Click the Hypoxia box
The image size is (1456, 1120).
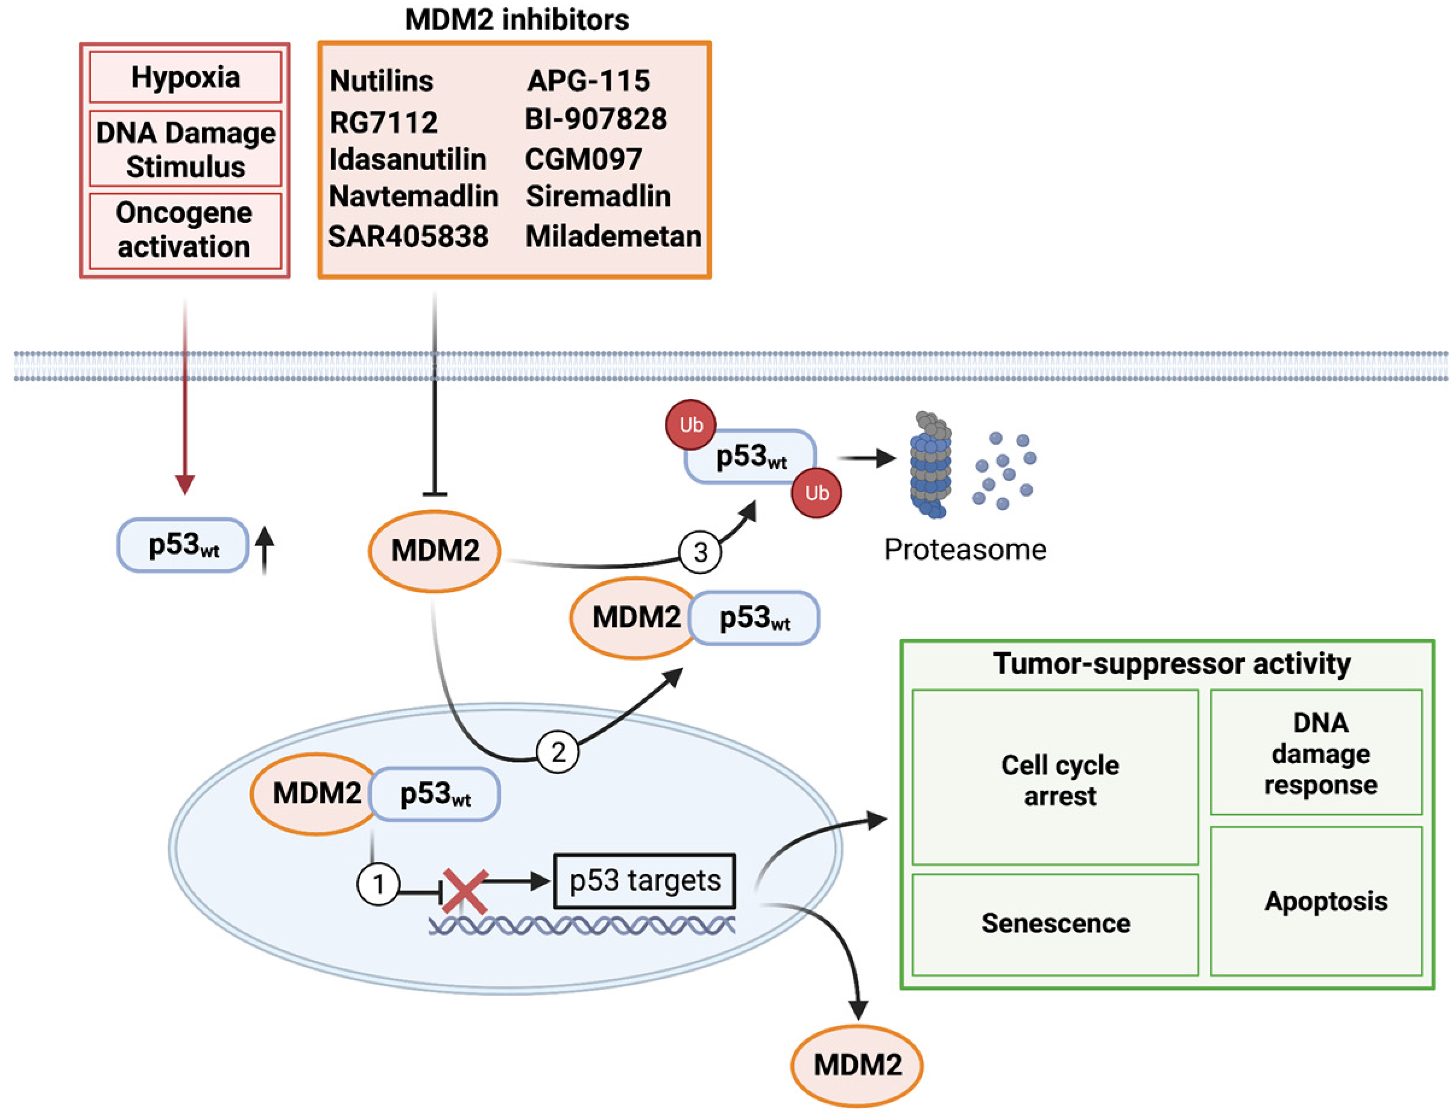(185, 77)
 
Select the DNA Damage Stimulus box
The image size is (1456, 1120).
(185, 149)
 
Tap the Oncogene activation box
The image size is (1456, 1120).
(185, 231)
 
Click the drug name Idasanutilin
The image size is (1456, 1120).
(408, 159)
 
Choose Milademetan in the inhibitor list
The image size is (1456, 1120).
(613, 237)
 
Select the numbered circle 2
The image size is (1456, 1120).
(557, 752)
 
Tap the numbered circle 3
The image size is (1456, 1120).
(700, 552)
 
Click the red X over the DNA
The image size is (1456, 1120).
(465, 891)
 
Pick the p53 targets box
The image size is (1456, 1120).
(644, 881)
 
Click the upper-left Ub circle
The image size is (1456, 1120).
(691, 424)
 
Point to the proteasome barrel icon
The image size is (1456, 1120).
(931, 465)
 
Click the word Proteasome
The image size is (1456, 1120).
(965, 550)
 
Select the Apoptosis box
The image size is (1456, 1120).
(1317, 901)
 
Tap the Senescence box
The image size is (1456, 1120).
(1055, 925)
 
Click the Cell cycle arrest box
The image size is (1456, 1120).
(1055, 778)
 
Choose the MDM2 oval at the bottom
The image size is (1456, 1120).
(857, 1065)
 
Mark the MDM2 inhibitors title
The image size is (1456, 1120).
(517, 20)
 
